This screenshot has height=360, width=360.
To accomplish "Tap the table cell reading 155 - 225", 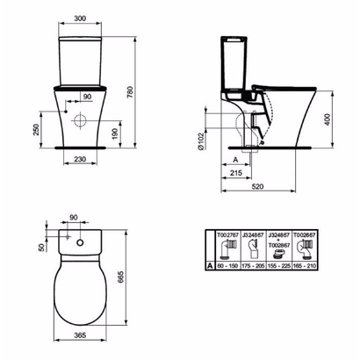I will click(279, 263).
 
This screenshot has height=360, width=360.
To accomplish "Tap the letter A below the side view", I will click(236, 160).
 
